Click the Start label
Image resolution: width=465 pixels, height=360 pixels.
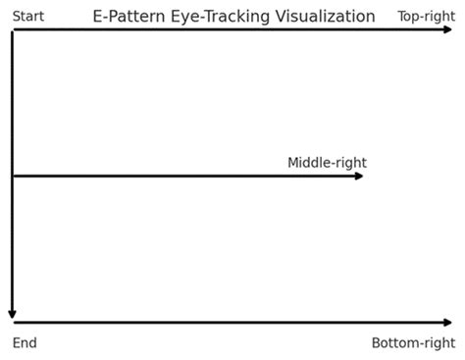tap(27, 16)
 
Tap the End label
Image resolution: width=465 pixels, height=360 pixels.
tap(25, 343)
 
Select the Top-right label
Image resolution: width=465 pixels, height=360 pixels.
tap(426, 16)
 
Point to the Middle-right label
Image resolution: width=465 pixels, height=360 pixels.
tap(327, 163)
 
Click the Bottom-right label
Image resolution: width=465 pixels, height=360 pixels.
tap(413, 343)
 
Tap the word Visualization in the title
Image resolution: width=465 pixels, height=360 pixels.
tap(325, 17)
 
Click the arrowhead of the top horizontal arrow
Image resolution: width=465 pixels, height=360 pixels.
tap(448, 30)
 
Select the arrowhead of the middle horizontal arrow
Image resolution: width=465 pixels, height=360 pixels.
tap(359, 176)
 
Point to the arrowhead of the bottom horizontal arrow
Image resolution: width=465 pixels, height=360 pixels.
tap(448, 322)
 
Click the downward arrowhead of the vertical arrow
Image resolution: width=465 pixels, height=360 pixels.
tap(13, 314)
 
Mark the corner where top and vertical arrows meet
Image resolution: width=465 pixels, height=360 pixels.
tap(13, 30)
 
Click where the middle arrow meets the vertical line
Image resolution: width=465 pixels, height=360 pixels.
tap(13, 176)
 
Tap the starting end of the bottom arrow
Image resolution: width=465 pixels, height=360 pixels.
tap(15, 322)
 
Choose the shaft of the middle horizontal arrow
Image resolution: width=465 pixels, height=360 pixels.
tap(186, 176)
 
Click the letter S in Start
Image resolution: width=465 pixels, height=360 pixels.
tap(16, 16)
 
